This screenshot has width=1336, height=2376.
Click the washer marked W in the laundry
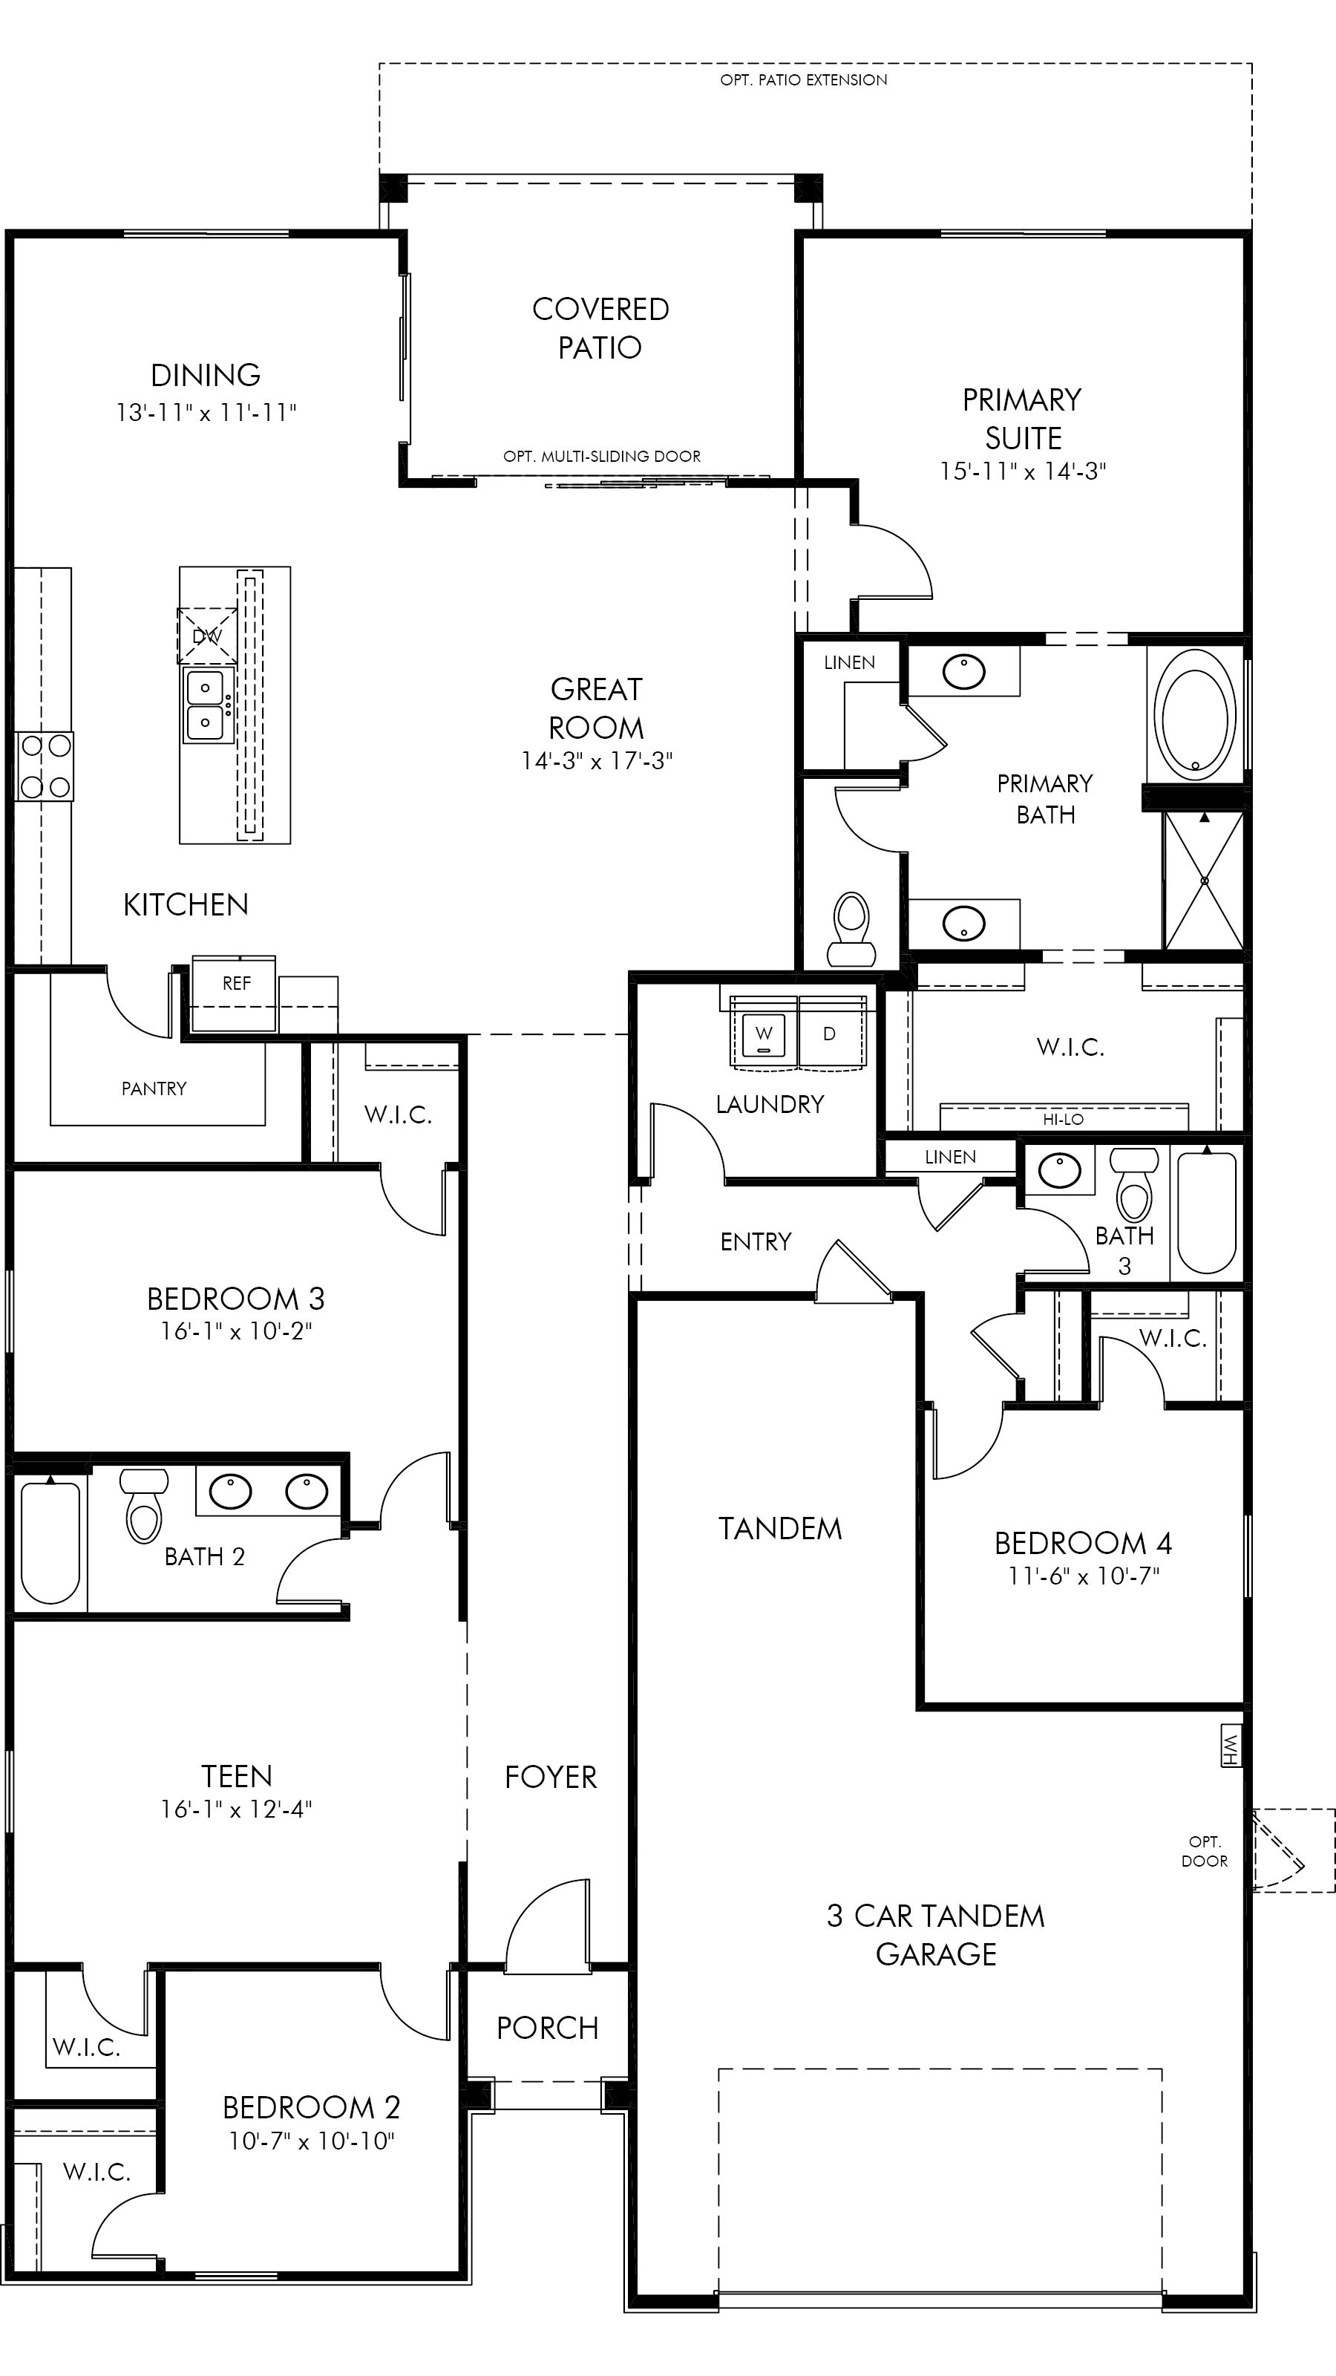click(764, 1034)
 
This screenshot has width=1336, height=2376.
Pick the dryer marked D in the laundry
click(830, 1034)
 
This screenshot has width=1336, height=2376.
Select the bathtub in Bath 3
click(1206, 1213)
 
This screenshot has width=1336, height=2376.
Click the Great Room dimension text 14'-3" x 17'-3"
click(597, 761)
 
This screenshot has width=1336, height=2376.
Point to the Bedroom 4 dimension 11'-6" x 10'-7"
click(1084, 1576)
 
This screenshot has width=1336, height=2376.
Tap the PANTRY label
click(154, 1089)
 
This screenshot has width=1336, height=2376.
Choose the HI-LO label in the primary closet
click(1063, 1120)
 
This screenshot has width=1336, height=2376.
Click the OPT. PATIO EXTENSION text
click(803, 80)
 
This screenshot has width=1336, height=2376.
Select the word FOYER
click(551, 1778)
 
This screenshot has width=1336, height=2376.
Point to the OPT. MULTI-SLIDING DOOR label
click(601, 457)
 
